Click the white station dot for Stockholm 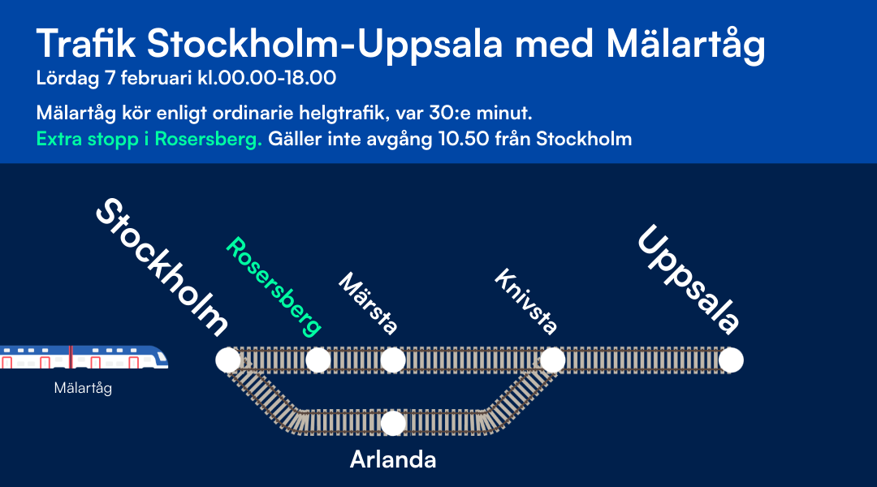(x=228, y=360)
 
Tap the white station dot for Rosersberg (x=318, y=360)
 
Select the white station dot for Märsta (x=393, y=360)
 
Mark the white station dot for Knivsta (x=553, y=360)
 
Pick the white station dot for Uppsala (x=731, y=360)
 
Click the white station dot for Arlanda (x=393, y=423)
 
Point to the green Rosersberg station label (x=274, y=287)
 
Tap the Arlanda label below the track (x=393, y=459)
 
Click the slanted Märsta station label (x=368, y=304)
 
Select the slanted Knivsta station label (x=526, y=303)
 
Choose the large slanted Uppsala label (x=689, y=280)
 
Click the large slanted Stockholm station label (x=162, y=267)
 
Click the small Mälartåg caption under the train (x=83, y=388)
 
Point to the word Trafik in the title (x=86, y=45)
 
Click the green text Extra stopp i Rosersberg (x=149, y=139)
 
